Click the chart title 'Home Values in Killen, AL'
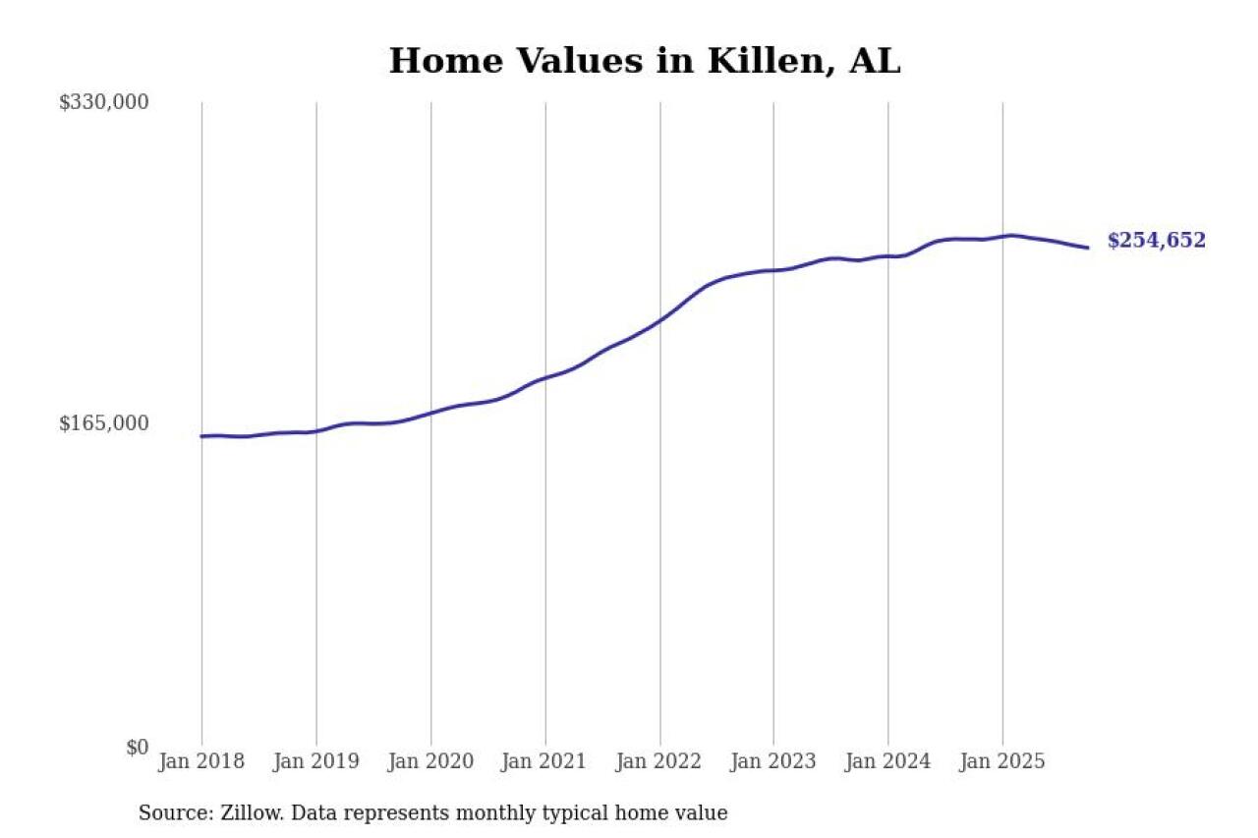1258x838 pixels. (x=645, y=61)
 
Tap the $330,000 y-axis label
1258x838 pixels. (x=103, y=102)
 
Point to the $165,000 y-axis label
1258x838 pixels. (x=103, y=423)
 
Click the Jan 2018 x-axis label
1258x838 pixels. (x=201, y=761)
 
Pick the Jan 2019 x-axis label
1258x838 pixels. (x=316, y=761)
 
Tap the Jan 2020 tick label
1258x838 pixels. (x=430, y=761)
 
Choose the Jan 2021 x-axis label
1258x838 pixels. (x=545, y=761)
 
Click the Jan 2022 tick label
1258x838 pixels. (x=659, y=761)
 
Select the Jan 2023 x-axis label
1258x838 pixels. (x=773, y=761)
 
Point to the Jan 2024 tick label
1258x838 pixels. (x=888, y=761)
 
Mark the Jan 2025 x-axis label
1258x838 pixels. (x=1002, y=761)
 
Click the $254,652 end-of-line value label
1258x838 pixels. (x=1156, y=241)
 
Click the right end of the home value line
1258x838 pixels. (x=1088, y=248)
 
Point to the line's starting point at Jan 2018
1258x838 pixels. (x=201, y=436)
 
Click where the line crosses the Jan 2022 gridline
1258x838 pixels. (x=659, y=320)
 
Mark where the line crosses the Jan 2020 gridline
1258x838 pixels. (x=430, y=413)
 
